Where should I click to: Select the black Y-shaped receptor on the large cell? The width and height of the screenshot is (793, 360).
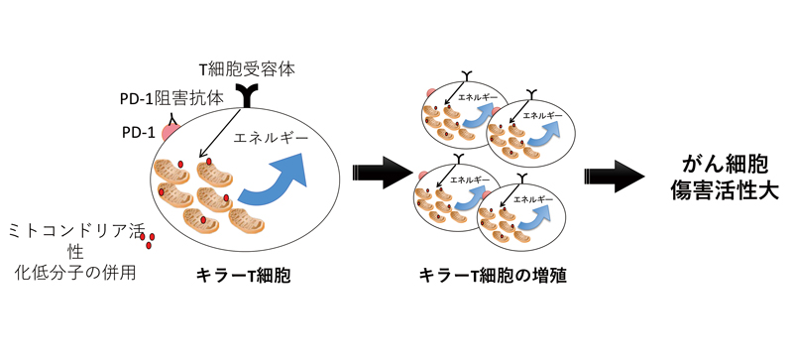245,95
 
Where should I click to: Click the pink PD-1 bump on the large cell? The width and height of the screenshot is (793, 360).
170,129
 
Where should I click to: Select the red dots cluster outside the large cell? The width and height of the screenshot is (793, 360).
148,239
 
